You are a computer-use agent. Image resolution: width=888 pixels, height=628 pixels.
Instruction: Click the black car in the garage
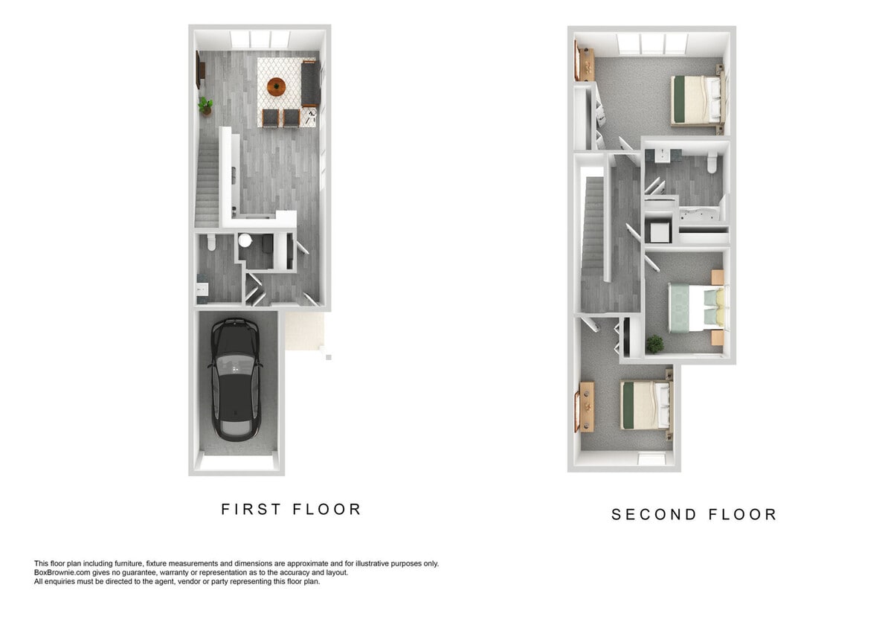click(x=236, y=377)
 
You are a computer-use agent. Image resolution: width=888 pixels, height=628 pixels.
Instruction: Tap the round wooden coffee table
click(x=276, y=86)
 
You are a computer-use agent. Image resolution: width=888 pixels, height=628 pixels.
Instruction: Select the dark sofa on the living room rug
click(x=309, y=83)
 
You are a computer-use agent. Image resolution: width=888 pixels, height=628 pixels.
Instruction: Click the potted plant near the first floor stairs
click(x=205, y=106)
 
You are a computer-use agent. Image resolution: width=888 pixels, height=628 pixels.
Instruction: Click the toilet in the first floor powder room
click(x=211, y=242)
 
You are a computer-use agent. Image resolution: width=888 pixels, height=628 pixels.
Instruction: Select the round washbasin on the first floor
click(x=245, y=240)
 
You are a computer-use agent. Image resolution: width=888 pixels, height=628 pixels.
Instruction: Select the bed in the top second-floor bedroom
click(x=697, y=99)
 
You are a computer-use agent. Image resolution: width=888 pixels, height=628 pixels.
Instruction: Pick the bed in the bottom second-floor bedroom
click(x=645, y=404)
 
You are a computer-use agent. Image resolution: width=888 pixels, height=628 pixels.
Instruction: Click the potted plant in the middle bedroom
click(x=654, y=343)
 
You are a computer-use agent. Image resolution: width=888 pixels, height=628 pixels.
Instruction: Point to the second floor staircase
click(x=593, y=231)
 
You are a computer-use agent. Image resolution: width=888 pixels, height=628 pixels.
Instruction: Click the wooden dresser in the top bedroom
click(x=585, y=62)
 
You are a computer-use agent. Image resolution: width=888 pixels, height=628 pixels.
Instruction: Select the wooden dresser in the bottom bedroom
click(x=585, y=406)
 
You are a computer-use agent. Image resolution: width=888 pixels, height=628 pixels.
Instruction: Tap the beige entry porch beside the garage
click(x=305, y=331)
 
